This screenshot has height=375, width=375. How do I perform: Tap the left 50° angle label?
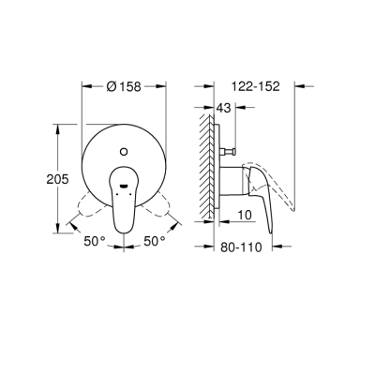click(94, 241)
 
